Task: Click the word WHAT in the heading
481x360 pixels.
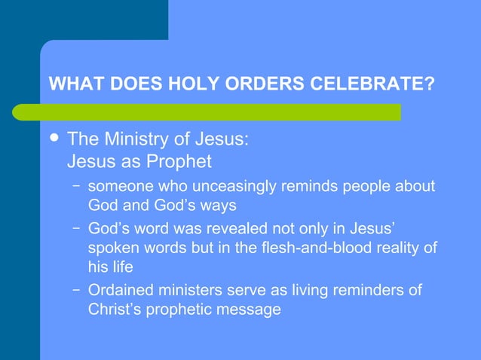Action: [x=72, y=84]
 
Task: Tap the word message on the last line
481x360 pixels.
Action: [x=254, y=310]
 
